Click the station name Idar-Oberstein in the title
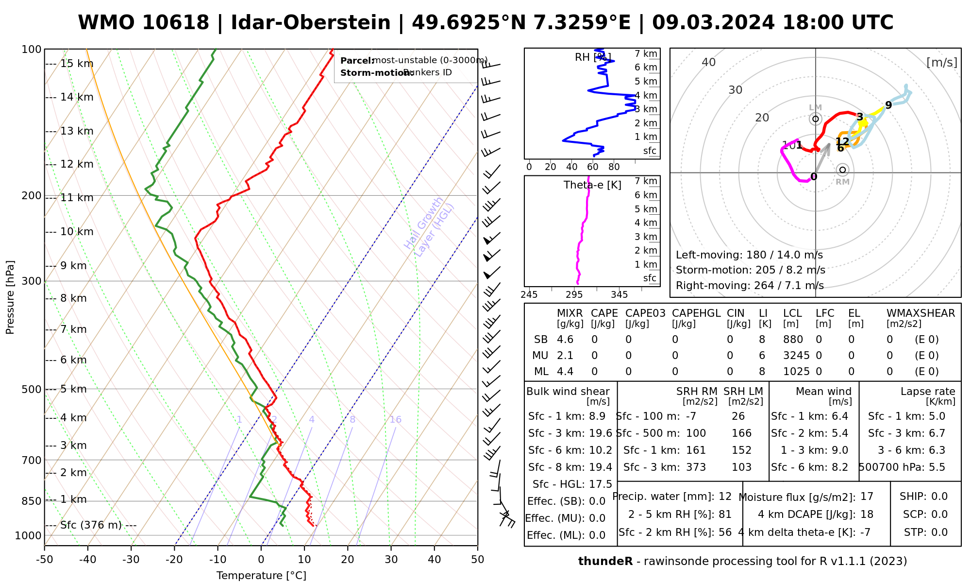[x=311, y=23]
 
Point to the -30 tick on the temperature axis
[x=131, y=560]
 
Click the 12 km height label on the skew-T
[x=77, y=164]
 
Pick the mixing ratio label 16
[x=395, y=420]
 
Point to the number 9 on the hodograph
[x=888, y=105]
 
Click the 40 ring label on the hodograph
[x=709, y=62]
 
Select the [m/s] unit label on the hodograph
[x=942, y=62]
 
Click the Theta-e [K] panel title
[x=592, y=185]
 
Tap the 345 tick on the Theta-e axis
[x=619, y=295]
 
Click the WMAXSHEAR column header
[x=921, y=313]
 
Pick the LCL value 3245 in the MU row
[x=796, y=356]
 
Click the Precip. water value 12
[x=725, y=497]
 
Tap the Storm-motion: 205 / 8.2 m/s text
[x=750, y=270]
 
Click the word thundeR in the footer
[x=605, y=562]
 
